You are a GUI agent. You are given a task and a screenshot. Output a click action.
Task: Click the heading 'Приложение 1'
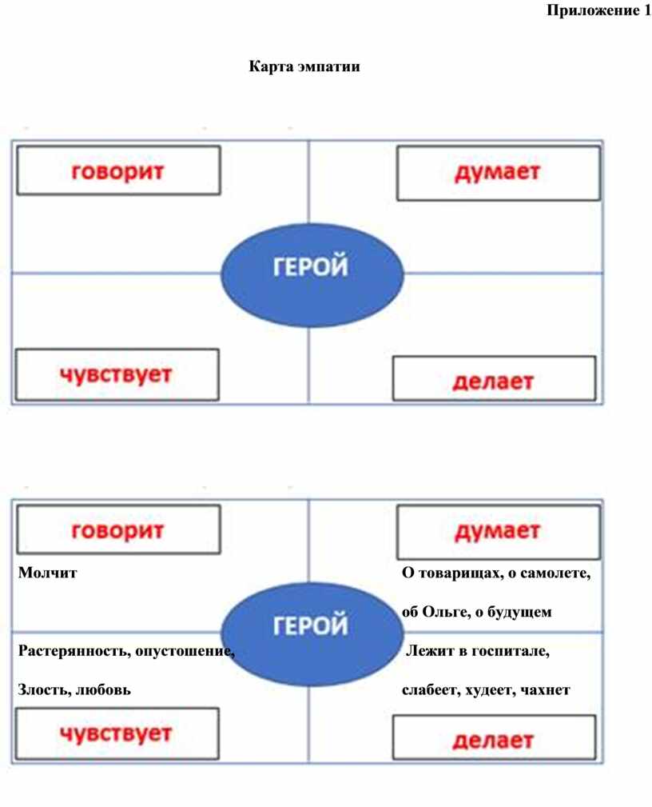[598, 10]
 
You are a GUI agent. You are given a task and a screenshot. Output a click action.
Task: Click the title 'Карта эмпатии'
[304, 66]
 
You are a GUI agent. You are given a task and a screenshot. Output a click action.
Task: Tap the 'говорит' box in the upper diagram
[119, 170]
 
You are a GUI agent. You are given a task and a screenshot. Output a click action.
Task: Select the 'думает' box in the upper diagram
[499, 173]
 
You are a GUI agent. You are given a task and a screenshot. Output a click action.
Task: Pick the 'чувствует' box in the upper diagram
[117, 374]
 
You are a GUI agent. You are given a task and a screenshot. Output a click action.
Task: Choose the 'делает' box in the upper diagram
[494, 378]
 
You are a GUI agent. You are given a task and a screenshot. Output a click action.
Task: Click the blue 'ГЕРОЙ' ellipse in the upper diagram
[312, 275]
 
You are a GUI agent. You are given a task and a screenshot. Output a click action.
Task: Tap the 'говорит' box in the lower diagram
[119, 529]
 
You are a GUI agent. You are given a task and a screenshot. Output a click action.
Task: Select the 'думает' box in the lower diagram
[499, 532]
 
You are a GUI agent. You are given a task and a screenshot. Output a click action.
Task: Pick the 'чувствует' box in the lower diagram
[117, 733]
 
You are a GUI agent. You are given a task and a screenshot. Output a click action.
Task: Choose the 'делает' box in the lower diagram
[494, 737]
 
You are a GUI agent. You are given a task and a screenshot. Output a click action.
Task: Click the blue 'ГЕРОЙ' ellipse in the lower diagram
[312, 634]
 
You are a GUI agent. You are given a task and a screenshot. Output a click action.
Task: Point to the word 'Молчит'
[47, 573]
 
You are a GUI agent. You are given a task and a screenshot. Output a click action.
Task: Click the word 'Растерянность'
[74, 651]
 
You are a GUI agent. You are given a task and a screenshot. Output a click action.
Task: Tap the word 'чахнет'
[545, 690]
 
